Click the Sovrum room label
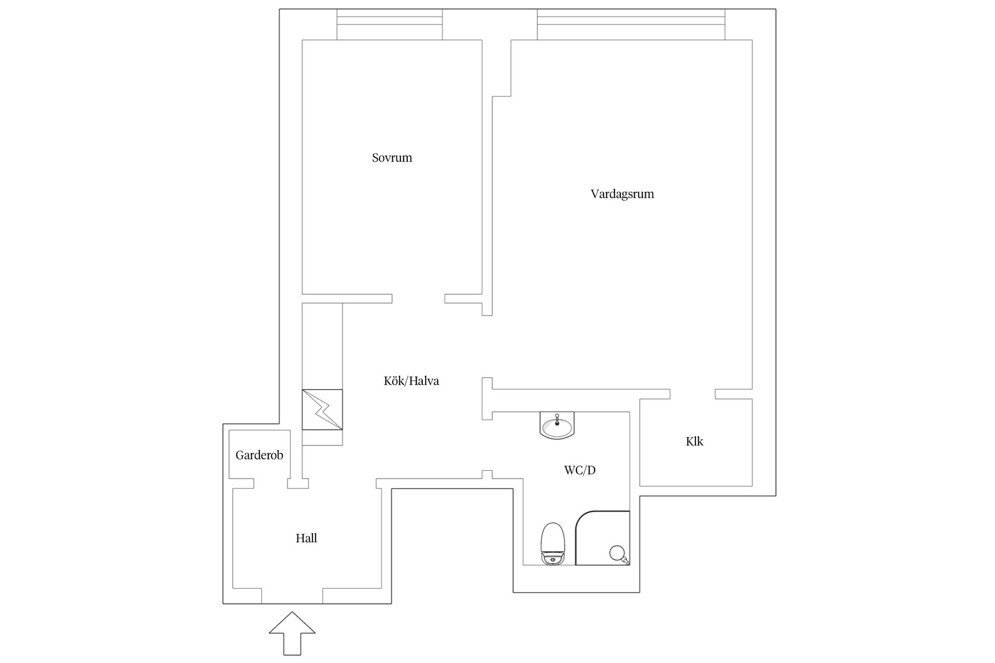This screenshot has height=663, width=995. [392, 157]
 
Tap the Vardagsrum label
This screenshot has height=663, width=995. [622, 194]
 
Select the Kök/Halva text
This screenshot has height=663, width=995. [411, 381]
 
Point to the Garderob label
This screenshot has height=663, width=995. [259, 455]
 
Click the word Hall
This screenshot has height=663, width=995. [306, 538]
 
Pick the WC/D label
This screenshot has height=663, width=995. [580, 470]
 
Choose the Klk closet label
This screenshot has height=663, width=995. [694, 441]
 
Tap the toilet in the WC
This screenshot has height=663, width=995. [552, 544]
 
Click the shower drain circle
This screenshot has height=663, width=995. [617, 553]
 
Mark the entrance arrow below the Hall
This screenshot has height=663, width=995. [292, 633]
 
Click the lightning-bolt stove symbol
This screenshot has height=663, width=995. [322, 409]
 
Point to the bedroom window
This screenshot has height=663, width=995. [390, 24]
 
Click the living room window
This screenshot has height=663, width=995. [631, 24]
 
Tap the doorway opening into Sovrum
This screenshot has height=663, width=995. [418, 298]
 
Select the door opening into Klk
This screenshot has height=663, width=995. [693, 394]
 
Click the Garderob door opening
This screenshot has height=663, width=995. [271, 483]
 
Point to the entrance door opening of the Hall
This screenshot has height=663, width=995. [292, 596]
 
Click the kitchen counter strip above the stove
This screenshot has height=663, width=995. [322, 346]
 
